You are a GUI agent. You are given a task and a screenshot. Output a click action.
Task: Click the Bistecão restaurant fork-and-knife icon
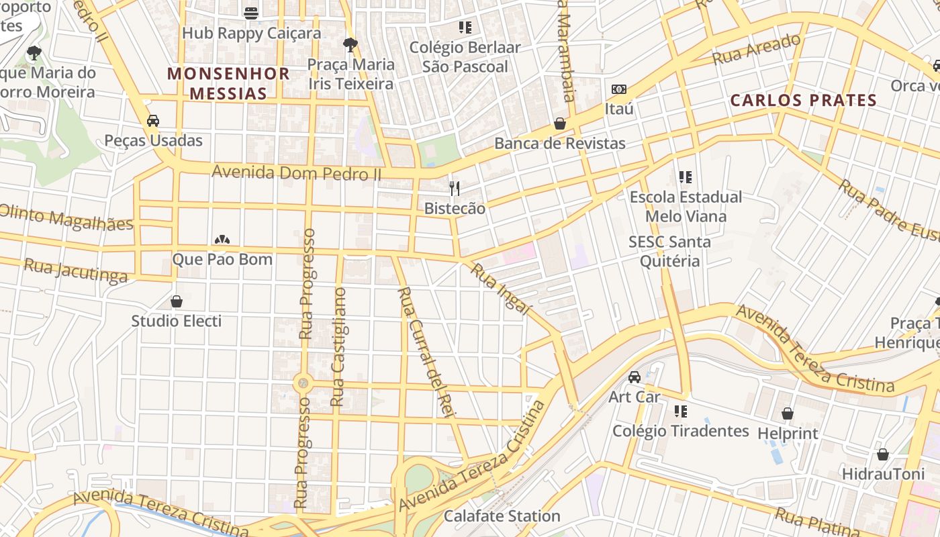pyautogui.click(x=455, y=189)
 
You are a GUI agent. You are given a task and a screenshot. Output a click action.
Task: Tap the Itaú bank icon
pyautogui.click(x=618, y=89)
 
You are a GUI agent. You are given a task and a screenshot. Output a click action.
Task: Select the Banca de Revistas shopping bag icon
pyautogui.click(x=559, y=124)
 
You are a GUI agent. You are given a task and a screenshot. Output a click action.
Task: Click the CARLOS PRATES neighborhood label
pyautogui.click(x=803, y=101)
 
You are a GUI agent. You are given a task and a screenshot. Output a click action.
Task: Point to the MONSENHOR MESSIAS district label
pyautogui.click(x=228, y=83)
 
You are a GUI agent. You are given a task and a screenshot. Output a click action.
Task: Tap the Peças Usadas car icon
pyautogui.click(x=153, y=121)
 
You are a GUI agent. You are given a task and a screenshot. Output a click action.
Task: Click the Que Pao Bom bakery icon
pyautogui.click(x=222, y=240)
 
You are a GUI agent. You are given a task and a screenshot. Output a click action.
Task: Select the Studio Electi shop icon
pyautogui.click(x=177, y=301)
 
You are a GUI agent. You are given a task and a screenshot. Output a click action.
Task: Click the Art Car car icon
pyautogui.click(x=634, y=377)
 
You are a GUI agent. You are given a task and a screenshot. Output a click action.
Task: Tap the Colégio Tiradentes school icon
pyautogui.click(x=681, y=411)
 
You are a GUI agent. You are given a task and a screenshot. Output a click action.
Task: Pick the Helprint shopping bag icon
pyautogui.click(x=788, y=413)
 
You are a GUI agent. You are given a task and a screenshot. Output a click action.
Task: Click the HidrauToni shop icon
pyautogui.click(x=883, y=454)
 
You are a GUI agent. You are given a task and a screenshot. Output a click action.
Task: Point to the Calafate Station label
pyautogui.click(x=502, y=516)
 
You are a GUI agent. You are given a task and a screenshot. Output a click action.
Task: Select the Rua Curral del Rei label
pyautogui.click(x=426, y=352)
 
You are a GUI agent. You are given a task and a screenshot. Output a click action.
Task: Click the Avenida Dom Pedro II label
pyautogui.click(x=296, y=173)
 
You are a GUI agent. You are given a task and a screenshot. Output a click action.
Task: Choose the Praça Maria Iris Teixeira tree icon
pyautogui.click(x=350, y=45)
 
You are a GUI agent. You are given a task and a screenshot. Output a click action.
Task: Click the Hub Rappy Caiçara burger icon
pyautogui.click(x=251, y=13)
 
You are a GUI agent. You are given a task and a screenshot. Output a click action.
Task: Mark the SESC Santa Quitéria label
pyautogui.click(x=669, y=251)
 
